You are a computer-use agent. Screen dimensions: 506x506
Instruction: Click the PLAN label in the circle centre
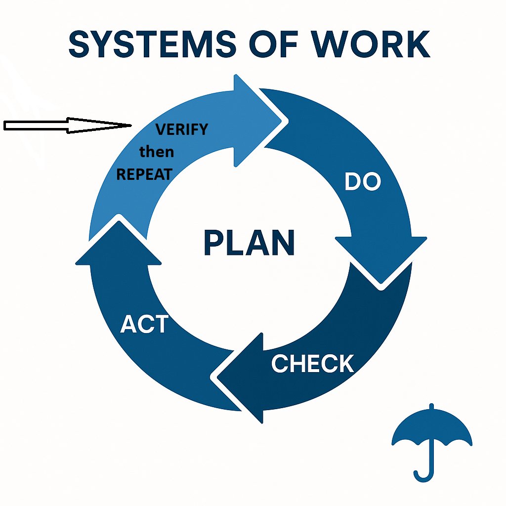[249, 243]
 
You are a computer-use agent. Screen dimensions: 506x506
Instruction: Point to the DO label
[363, 182]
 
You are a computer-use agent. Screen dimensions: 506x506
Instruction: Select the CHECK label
[312, 364]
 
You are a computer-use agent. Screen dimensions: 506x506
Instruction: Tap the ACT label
[144, 325]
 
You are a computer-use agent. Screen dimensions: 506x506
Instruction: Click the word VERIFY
[182, 129]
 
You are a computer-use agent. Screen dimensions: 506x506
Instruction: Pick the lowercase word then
[157, 152]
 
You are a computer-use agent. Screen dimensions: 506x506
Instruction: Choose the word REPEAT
[144, 174]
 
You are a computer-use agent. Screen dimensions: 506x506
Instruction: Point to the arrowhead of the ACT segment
[119, 242]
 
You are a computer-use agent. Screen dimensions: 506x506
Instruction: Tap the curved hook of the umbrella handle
[423, 477]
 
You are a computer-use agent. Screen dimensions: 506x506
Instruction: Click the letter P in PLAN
[213, 243]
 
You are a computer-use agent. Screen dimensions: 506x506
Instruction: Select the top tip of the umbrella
[432, 406]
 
